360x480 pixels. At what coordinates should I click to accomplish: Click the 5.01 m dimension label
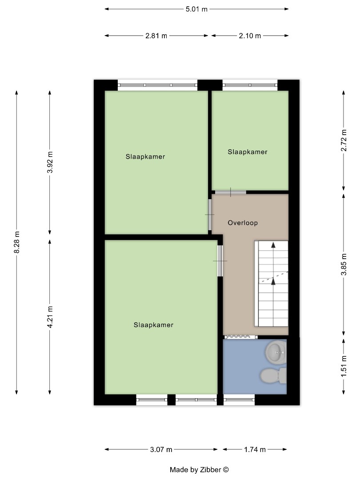(197, 9)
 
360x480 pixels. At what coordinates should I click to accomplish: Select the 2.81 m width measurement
(156, 36)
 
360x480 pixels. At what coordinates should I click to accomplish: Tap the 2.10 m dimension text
(250, 36)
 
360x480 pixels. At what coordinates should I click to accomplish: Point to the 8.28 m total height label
(17, 242)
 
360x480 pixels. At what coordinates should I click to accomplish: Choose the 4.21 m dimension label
(50, 317)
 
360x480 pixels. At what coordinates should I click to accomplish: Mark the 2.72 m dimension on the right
(344, 140)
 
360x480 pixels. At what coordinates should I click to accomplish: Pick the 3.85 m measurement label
(344, 264)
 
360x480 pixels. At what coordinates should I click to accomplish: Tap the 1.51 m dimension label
(344, 366)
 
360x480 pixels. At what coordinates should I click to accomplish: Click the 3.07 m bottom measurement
(161, 450)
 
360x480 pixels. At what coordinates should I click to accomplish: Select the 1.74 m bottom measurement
(255, 450)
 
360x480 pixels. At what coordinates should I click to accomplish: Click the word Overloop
(243, 223)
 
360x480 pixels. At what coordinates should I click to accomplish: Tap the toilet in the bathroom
(272, 376)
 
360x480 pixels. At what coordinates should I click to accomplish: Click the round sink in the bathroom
(276, 353)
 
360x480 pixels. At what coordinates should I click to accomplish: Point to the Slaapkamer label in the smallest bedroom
(248, 152)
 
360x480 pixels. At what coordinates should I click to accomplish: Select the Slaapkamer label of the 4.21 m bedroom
(153, 325)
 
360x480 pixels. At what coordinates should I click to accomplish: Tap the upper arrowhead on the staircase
(273, 244)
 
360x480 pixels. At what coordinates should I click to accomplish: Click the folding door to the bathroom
(240, 337)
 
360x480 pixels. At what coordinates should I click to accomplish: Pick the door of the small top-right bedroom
(230, 192)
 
